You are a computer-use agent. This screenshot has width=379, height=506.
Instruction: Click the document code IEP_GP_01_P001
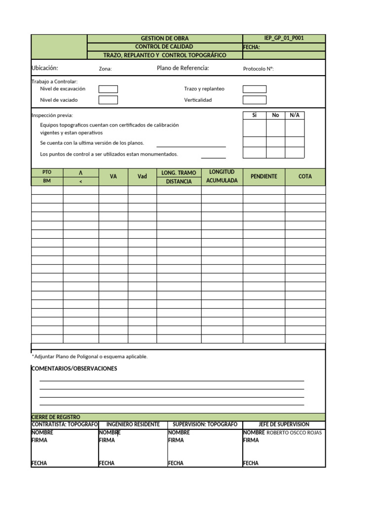coord(284,38)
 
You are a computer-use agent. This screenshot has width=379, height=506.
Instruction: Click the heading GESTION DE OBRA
coord(165,39)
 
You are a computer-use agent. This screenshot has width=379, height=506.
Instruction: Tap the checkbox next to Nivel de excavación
coord(108,89)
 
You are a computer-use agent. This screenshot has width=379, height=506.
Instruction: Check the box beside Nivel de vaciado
coord(108,100)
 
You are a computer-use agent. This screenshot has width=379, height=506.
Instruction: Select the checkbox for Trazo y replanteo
coord(254,89)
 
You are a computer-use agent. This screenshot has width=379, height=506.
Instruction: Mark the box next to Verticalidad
coord(254,100)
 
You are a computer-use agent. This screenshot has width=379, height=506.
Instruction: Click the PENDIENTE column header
coord(264,176)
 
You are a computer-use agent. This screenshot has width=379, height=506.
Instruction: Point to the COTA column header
coord(305,176)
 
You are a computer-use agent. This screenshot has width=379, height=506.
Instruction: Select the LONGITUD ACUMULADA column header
coord(222,176)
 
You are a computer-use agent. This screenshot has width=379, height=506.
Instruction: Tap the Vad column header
coord(142,176)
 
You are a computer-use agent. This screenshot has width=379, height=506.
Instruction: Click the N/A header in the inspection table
coord(295,115)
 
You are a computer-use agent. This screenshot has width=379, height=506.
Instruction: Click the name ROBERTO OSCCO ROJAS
coord(294,433)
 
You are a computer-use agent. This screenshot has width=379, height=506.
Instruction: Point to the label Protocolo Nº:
coord(258,69)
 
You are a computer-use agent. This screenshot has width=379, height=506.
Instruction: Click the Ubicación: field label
coord(45,68)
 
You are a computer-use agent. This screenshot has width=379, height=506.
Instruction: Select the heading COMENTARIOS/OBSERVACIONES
coord(74,369)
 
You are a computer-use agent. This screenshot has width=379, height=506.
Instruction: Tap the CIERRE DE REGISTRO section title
coord(55,418)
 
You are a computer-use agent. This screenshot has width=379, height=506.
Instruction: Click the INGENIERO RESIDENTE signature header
coord(133,424)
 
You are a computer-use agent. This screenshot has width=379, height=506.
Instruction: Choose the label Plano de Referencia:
coord(183,68)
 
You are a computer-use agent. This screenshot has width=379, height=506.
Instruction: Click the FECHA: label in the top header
coord(252,47)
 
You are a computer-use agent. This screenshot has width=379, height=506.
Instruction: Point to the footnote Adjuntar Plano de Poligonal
coord(90,356)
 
